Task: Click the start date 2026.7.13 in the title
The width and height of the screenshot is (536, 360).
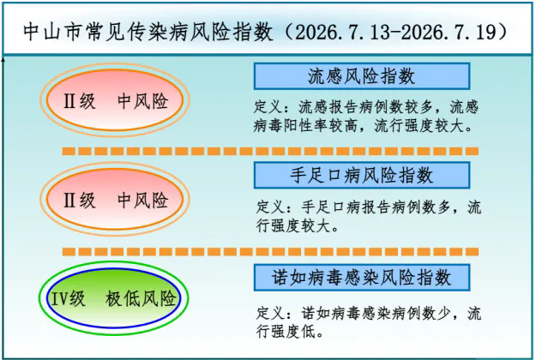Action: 342,32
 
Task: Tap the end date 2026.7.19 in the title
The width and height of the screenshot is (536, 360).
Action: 449,32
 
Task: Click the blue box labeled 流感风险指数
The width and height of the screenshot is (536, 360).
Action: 362,75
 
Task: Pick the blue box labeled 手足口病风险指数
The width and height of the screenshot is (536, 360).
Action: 362,175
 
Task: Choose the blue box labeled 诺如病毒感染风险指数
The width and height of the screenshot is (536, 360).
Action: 362,277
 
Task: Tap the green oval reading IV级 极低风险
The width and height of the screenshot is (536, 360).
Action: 114,298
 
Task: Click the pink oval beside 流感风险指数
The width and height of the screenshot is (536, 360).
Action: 115,100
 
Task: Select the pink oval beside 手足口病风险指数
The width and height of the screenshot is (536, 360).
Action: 115,199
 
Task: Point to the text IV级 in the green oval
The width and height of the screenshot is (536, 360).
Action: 68,299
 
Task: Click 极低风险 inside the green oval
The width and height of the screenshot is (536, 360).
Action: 141,299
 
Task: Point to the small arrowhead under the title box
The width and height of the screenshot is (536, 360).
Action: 3,60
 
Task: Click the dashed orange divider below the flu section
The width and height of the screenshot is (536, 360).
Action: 270,151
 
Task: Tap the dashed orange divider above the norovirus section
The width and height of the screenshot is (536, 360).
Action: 270,252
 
